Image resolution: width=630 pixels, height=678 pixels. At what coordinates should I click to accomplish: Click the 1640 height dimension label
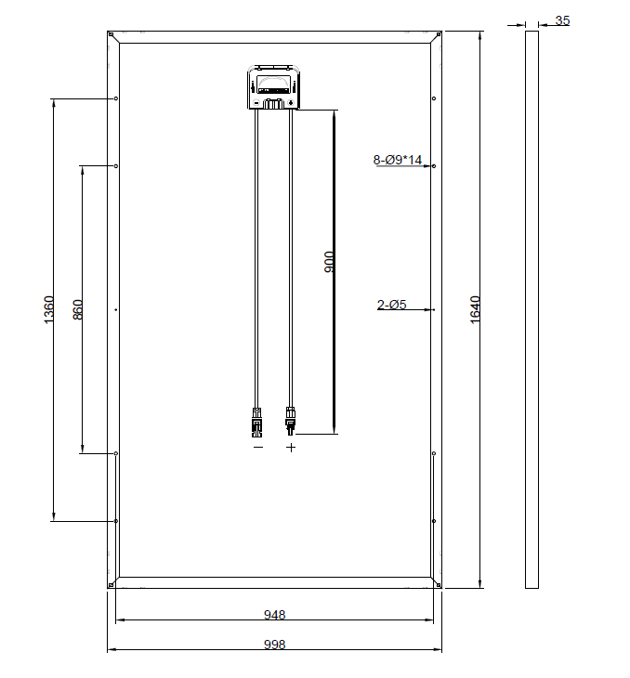[475, 309]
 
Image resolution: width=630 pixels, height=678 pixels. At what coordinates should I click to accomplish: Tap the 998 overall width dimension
[275, 645]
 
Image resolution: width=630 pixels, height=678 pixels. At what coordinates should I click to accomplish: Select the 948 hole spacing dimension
[275, 615]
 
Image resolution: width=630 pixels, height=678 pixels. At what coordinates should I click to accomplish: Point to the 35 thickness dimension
[562, 20]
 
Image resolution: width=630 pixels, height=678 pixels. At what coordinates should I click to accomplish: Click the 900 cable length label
[329, 262]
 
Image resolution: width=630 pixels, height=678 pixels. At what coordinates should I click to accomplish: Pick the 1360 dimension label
[49, 309]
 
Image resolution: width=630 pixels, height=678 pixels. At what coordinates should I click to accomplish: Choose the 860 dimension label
[78, 309]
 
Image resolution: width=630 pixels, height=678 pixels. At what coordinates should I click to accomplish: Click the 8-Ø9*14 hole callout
[397, 160]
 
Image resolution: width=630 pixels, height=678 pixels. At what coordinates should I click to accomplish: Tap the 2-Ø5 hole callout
[391, 305]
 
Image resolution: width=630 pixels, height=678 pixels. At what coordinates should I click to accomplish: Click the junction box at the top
[273, 87]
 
